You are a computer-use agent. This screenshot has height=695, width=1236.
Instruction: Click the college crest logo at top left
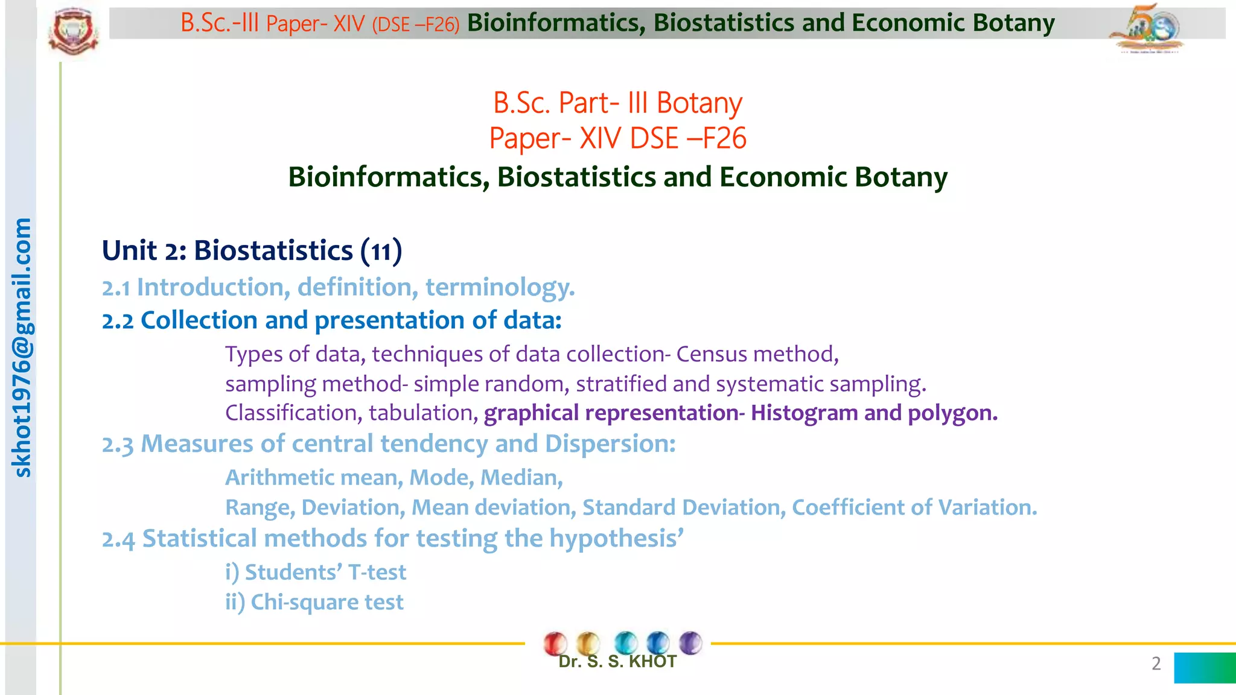coord(73,30)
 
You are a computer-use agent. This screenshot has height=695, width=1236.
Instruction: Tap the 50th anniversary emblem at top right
coord(1147,29)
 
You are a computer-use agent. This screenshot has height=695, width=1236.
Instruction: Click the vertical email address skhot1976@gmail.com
coord(22,347)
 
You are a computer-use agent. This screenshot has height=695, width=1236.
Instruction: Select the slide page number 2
coord(1156,664)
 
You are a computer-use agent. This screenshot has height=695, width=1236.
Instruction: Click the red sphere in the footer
coord(555,643)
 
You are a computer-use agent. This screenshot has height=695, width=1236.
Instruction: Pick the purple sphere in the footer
coord(690,643)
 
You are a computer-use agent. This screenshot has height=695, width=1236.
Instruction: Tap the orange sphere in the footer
coord(588,643)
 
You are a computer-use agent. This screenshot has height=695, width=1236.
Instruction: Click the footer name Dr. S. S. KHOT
coord(617,662)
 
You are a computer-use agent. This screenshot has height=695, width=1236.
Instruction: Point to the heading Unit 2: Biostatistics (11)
coord(252,250)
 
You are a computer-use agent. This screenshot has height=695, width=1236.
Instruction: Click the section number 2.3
coord(117,445)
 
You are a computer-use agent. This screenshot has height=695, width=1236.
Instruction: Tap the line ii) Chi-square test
coord(314,602)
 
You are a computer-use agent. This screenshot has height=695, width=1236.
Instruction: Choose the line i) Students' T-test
coord(316,572)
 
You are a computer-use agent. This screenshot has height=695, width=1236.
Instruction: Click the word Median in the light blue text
coord(521,478)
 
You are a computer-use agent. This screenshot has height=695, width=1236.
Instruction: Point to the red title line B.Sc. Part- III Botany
coord(617,103)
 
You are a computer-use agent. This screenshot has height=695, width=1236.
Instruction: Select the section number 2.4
coord(118,539)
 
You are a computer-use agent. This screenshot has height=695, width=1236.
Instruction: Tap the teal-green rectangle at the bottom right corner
coord(1205,668)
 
